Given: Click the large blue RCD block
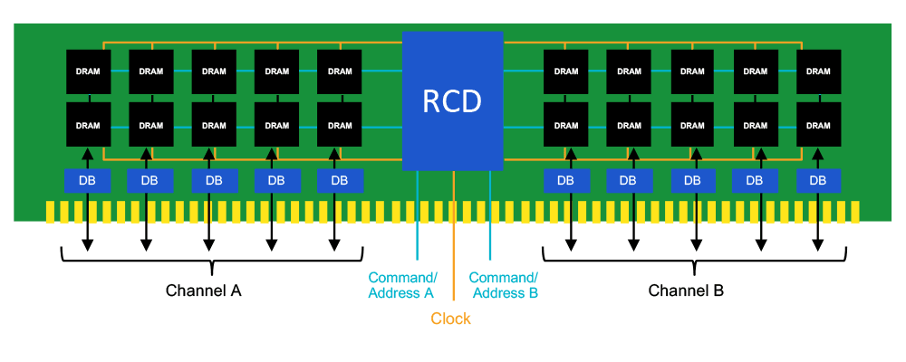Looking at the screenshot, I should [452, 100].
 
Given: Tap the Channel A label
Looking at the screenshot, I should [203, 291].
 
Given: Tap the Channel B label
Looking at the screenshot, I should [686, 291].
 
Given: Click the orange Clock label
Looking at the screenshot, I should [451, 319].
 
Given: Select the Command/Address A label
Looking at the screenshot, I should [402, 284].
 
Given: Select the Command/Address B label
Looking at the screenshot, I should [504, 284].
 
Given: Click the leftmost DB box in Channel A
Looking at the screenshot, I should [88, 180].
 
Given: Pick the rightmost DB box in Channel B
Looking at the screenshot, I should [818, 180].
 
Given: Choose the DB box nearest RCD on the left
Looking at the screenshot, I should [340, 180].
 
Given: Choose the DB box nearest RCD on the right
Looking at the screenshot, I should [566, 180].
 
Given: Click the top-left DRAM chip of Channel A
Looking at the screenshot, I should [88, 71].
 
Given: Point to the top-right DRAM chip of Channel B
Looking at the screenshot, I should [818, 71].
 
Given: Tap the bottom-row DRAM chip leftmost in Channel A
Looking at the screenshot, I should [88, 125].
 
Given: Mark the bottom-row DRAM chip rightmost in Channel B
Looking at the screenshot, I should [818, 125].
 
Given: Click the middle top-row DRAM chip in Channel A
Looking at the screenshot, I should [214, 71].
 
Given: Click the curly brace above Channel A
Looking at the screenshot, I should [211, 262].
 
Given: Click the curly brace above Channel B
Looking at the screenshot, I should [693, 262].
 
